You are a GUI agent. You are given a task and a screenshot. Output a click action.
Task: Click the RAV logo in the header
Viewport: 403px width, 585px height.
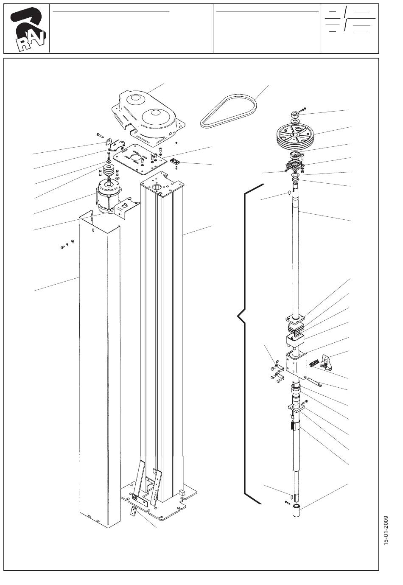pyautogui.click(x=27, y=28)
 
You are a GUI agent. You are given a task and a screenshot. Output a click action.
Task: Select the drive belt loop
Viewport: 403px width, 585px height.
pyautogui.click(x=229, y=110)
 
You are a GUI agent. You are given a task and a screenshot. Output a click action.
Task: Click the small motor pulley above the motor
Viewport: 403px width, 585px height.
pyautogui.click(x=106, y=173)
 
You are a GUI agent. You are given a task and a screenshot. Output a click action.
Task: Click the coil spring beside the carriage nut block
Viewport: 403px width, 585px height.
pyautogui.click(x=314, y=363)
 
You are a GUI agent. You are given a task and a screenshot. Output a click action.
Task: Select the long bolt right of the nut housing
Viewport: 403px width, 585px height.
pyautogui.click(x=314, y=382)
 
